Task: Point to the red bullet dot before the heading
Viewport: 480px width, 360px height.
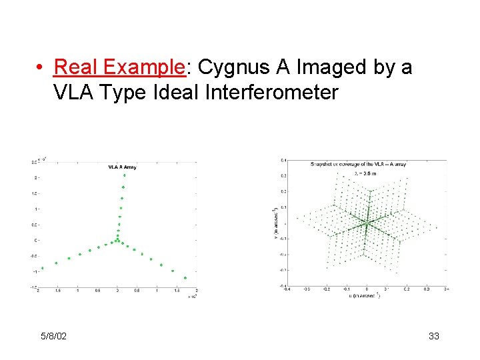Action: (x=41, y=68)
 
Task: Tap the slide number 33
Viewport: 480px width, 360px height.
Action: (x=433, y=336)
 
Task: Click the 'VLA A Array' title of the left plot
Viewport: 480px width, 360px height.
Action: (x=123, y=167)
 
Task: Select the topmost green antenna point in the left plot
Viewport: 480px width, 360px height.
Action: (x=125, y=175)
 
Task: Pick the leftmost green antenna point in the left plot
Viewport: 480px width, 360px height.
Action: (x=43, y=268)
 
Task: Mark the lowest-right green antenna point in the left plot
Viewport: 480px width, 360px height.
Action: (x=185, y=278)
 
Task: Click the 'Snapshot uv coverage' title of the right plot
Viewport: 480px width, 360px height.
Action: (x=358, y=163)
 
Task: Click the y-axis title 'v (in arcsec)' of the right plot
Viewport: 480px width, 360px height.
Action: (x=275, y=223)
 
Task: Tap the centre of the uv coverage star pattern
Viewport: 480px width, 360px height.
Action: (x=367, y=223)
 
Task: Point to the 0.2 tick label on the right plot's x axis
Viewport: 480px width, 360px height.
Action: (x=406, y=290)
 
